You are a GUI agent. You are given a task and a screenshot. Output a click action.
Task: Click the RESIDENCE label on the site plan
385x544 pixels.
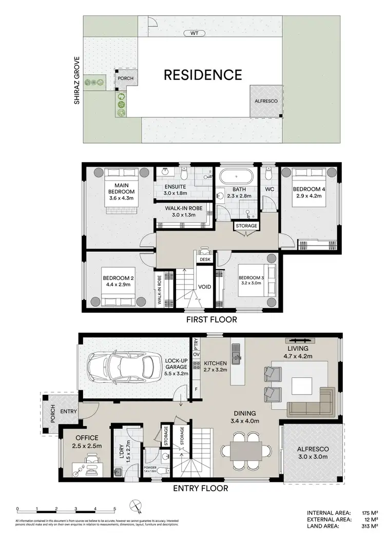(202, 75)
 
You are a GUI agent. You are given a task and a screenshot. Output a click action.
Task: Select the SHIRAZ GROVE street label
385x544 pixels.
(77, 80)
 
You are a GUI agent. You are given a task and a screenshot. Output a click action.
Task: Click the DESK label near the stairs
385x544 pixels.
(205, 259)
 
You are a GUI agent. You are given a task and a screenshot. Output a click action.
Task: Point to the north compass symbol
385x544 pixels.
(137, 507)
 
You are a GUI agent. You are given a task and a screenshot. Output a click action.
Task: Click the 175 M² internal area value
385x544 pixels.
(367, 513)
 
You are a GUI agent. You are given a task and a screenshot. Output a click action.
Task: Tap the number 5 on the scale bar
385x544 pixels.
(114, 509)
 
